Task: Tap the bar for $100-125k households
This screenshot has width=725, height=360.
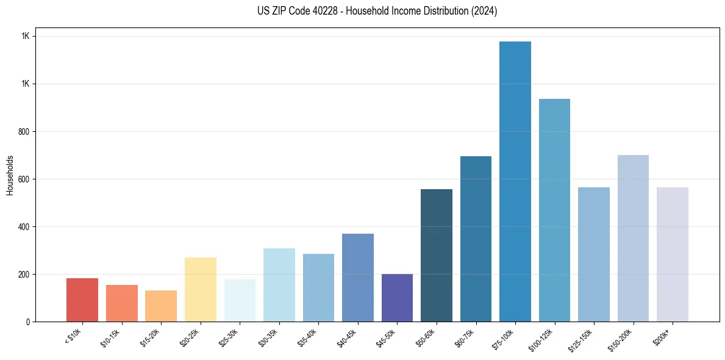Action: (x=554, y=211)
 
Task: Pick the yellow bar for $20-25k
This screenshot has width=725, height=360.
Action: (x=201, y=290)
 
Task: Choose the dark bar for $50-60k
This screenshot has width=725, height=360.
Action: (x=437, y=256)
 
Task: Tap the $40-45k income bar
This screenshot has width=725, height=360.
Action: (x=358, y=278)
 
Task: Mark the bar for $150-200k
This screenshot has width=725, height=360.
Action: (x=633, y=239)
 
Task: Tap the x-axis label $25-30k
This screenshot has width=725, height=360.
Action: (x=229, y=337)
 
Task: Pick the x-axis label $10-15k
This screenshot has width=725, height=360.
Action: (x=111, y=337)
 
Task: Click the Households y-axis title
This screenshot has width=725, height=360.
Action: (x=10, y=175)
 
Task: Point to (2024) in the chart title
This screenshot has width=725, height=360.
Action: (x=484, y=11)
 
